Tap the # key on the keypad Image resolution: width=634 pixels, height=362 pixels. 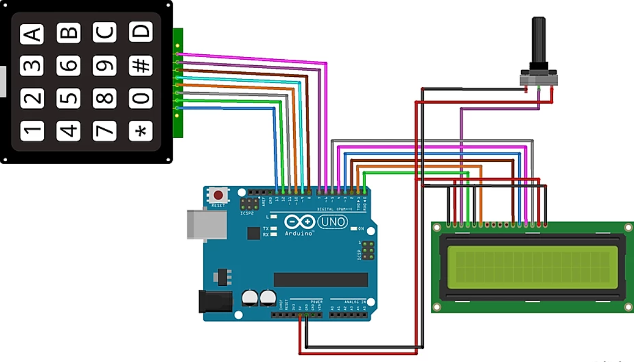pos(141,65)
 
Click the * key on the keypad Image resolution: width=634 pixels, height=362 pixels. pos(141,131)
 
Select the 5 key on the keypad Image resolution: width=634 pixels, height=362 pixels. pos(68,98)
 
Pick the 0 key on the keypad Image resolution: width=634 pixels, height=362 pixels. pos(141,98)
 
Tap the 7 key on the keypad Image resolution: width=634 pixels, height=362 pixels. pos(104,131)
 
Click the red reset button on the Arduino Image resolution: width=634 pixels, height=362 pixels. pos(218,195)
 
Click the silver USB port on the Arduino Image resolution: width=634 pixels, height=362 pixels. pos(206,224)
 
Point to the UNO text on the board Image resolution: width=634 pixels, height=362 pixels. pos(332,222)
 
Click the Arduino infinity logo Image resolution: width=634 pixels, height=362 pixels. pos(300,222)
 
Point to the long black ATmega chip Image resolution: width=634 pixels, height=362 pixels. pos(321,279)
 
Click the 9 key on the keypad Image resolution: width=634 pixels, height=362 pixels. pos(104,65)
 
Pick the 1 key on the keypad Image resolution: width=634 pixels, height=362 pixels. pos(32,131)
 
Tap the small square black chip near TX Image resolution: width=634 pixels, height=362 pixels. pos(253,233)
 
